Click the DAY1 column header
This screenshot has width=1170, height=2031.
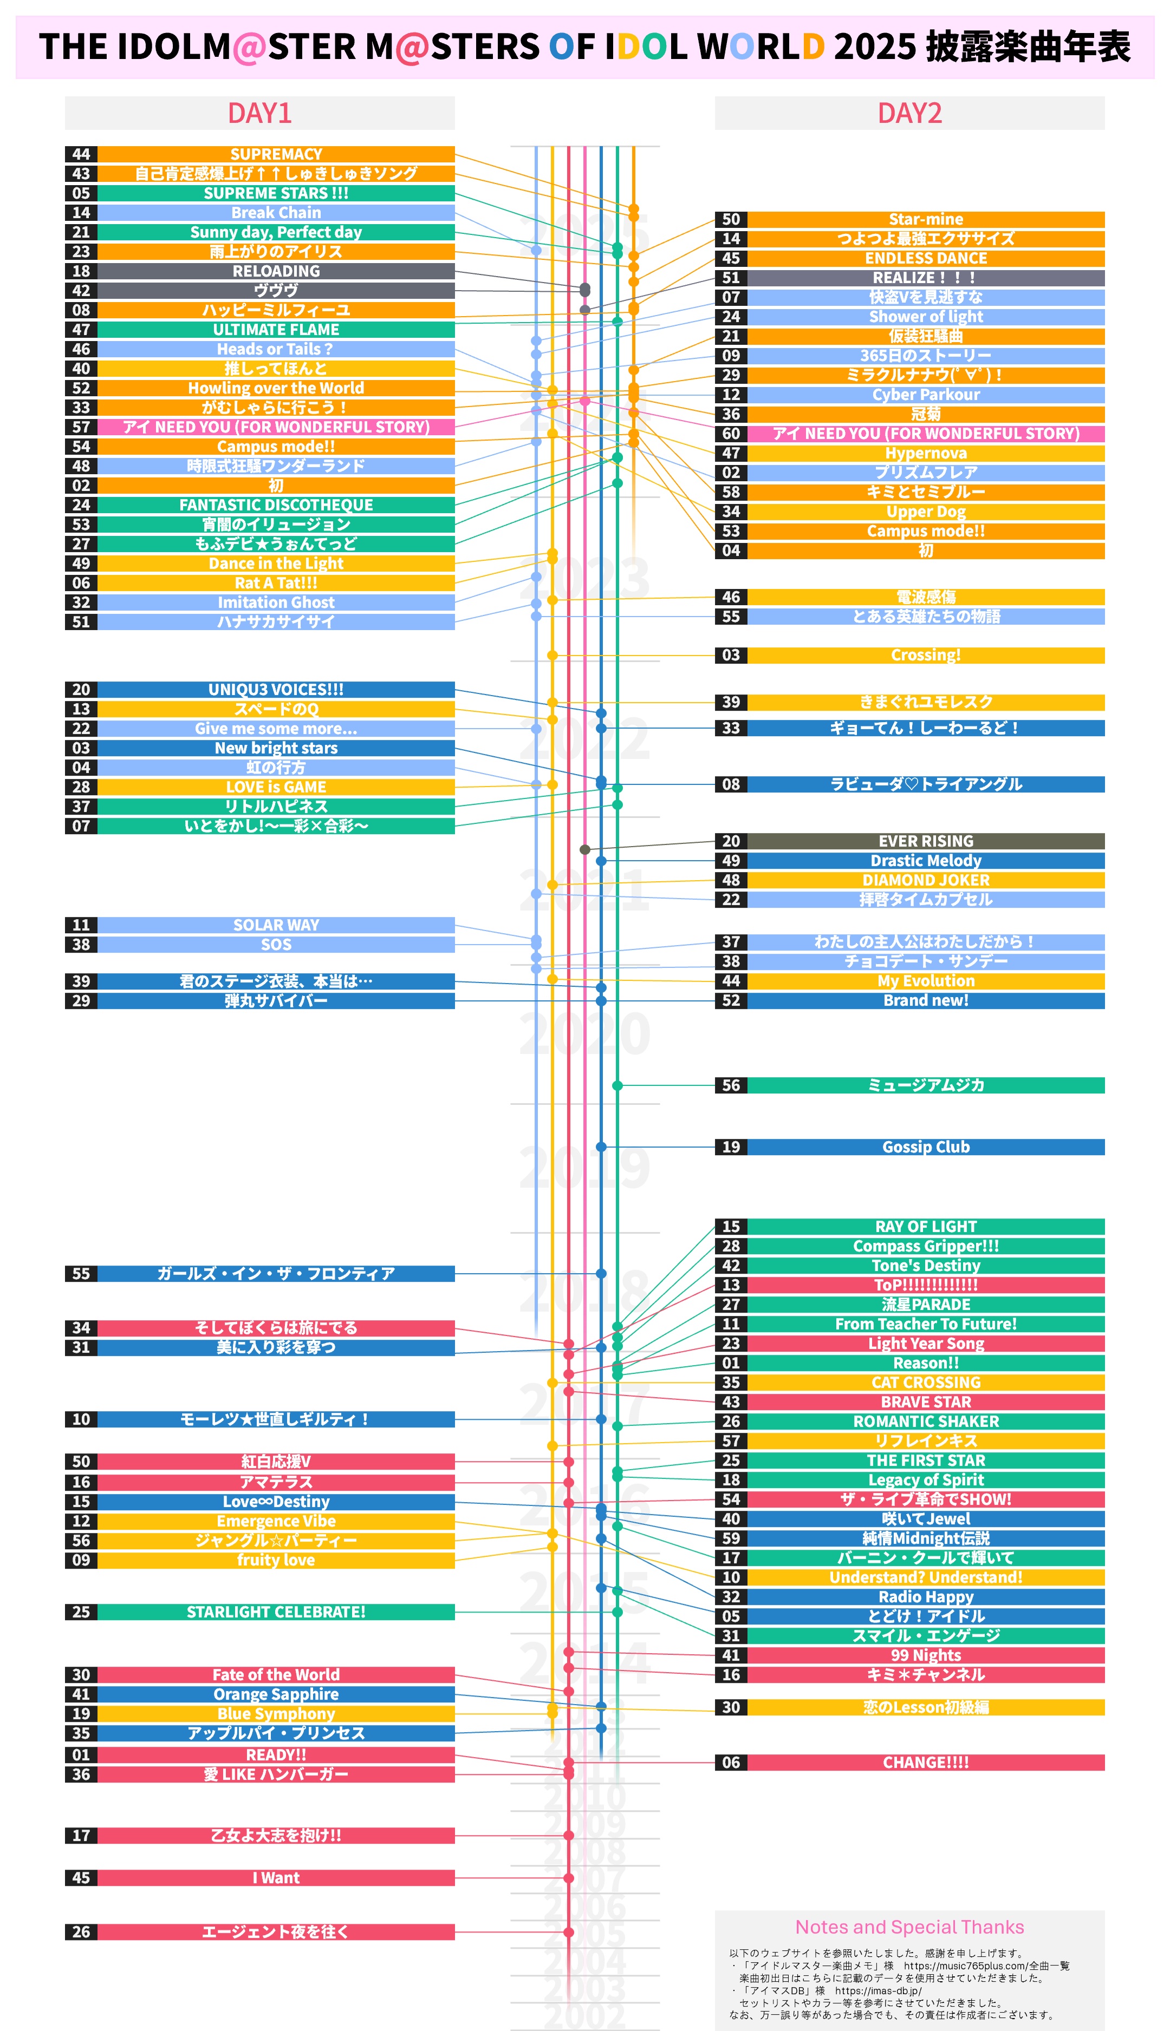click(x=259, y=113)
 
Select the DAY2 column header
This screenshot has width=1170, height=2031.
click(x=909, y=113)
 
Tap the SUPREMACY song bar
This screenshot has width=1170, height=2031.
click(x=276, y=154)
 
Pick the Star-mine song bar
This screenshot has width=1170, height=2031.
click(x=926, y=219)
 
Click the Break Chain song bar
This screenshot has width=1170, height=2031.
click(x=276, y=213)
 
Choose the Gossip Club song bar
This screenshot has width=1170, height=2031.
click(x=926, y=1147)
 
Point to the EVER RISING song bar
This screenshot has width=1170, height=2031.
click(x=926, y=841)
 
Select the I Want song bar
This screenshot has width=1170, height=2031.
click(x=276, y=1878)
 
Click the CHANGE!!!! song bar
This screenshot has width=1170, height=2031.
click(x=926, y=1762)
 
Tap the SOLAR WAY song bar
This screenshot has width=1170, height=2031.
click(x=276, y=925)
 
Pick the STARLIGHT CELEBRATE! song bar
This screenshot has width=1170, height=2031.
click(x=276, y=1612)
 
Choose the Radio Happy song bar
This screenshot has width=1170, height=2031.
click(x=926, y=1596)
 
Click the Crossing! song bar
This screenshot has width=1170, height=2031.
click(x=926, y=656)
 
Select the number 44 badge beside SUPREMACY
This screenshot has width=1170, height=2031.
click(x=81, y=154)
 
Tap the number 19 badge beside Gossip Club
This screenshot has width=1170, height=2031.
click(x=731, y=1147)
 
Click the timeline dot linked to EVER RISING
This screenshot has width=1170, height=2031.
click(x=585, y=850)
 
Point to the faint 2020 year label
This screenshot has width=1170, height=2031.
click(x=584, y=1033)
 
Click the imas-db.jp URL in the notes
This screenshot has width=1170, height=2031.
click(x=877, y=1991)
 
